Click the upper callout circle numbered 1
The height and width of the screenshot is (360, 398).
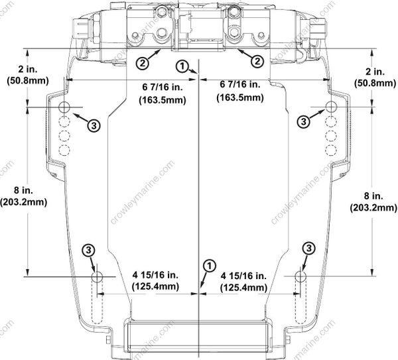[x=180, y=64]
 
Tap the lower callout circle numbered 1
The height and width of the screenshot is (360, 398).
[x=209, y=265]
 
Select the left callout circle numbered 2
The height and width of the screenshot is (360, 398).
[x=142, y=62]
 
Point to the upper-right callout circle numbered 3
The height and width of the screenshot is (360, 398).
[x=304, y=121]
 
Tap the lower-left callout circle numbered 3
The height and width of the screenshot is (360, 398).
[x=90, y=249]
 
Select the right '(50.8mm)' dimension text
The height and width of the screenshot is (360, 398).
[x=375, y=84]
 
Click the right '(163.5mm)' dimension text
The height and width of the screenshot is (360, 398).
[x=239, y=98]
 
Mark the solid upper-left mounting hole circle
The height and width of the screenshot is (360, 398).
[x=64, y=107]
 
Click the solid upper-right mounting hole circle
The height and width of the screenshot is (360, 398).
[x=334, y=107]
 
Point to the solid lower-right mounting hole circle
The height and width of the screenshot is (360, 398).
[x=300, y=276]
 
